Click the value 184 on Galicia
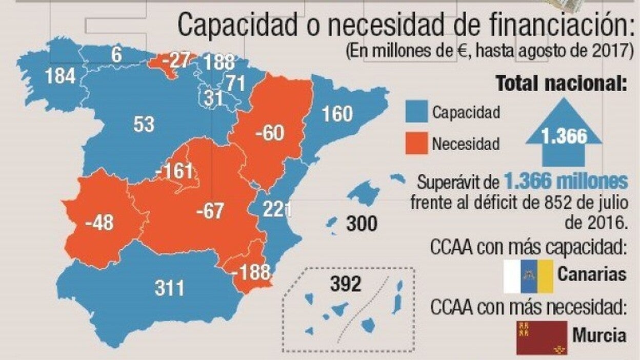(60, 76)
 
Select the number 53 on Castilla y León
(144, 124)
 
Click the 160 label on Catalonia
(337, 113)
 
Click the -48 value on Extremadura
(100, 223)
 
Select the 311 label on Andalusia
(169, 288)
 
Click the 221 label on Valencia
(277, 209)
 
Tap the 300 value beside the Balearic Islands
(362, 224)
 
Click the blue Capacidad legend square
(415, 111)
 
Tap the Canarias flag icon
(528, 276)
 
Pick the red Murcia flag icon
(541, 337)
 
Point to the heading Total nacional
(561, 83)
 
